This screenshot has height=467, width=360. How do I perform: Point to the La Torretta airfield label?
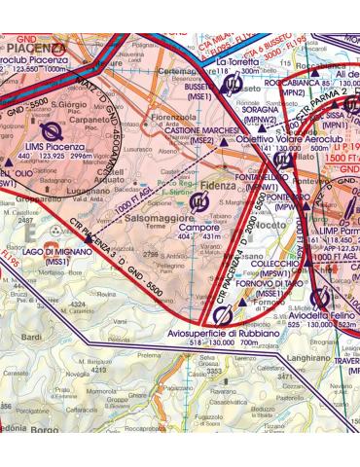(235, 61)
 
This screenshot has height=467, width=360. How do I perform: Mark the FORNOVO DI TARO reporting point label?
(270, 282)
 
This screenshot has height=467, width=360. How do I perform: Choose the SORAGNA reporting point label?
(262, 110)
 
